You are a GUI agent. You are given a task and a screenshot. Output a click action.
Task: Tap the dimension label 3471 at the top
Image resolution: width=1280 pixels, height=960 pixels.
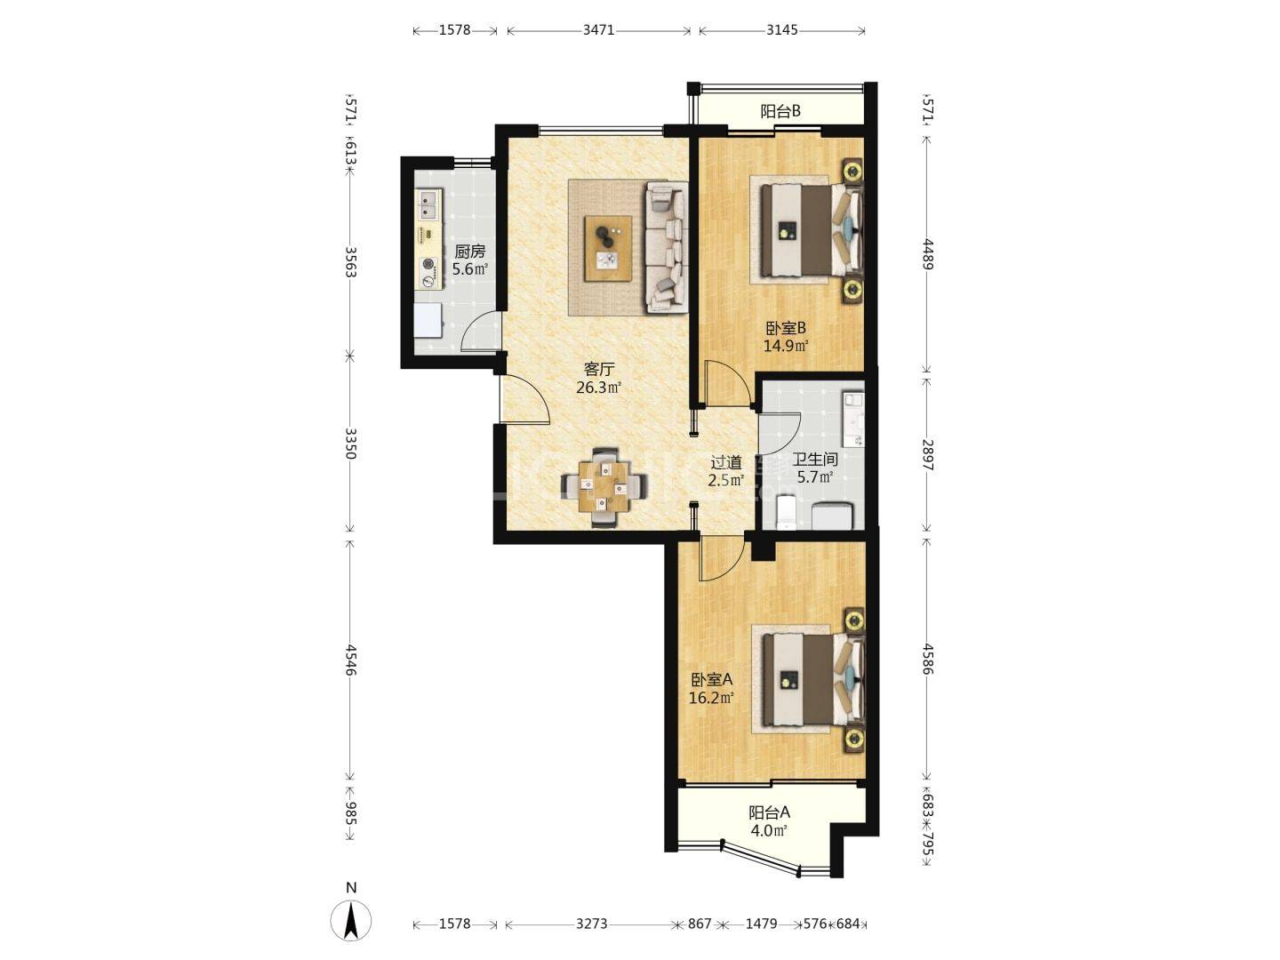pyautogui.click(x=599, y=30)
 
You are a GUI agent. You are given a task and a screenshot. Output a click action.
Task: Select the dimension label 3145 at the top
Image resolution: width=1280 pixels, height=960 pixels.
pyautogui.click(x=781, y=30)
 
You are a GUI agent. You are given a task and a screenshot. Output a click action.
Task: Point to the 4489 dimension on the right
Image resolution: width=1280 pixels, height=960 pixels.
pyautogui.click(x=928, y=254)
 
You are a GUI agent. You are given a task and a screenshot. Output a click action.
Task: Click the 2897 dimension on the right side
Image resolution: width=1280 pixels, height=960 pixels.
pyautogui.click(x=928, y=455)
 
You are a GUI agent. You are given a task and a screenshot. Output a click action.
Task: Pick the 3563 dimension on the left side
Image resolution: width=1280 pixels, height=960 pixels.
pyautogui.click(x=350, y=261)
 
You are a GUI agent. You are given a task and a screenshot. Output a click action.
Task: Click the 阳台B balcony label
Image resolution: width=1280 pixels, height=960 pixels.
pyautogui.click(x=780, y=111)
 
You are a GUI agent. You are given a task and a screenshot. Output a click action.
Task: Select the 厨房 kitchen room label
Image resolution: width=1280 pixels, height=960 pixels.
pyautogui.click(x=469, y=252)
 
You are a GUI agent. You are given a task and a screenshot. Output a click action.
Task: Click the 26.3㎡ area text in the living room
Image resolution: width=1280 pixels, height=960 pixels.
pyautogui.click(x=598, y=387)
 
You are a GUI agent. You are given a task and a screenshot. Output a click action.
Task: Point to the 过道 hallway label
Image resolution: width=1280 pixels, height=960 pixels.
pyautogui.click(x=726, y=462)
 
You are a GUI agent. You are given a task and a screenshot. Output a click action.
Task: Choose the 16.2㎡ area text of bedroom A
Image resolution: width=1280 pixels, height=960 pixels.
pyautogui.click(x=711, y=698)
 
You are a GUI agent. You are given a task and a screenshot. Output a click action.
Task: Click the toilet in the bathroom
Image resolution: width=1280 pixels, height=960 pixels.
pyautogui.click(x=787, y=512)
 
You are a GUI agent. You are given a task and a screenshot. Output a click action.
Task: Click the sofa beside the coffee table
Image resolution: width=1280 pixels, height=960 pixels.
pyautogui.click(x=666, y=246)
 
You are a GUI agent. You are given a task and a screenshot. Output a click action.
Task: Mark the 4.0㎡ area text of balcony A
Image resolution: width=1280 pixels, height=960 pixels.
pyautogui.click(x=769, y=830)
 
